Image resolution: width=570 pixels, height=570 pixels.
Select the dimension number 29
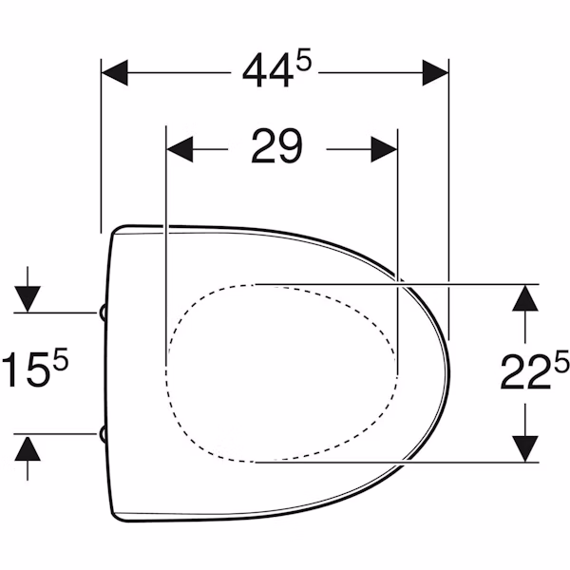[276, 146]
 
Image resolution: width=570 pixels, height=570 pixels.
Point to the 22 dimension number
[525, 372]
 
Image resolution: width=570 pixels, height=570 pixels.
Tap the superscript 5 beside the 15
[61, 359]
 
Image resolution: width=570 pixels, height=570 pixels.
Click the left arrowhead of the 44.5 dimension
[115, 73]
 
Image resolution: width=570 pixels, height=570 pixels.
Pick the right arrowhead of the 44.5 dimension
[435, 73]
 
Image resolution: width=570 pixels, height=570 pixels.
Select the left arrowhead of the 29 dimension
[180, 149]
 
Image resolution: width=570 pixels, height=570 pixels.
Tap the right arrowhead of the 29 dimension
[384, 149]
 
